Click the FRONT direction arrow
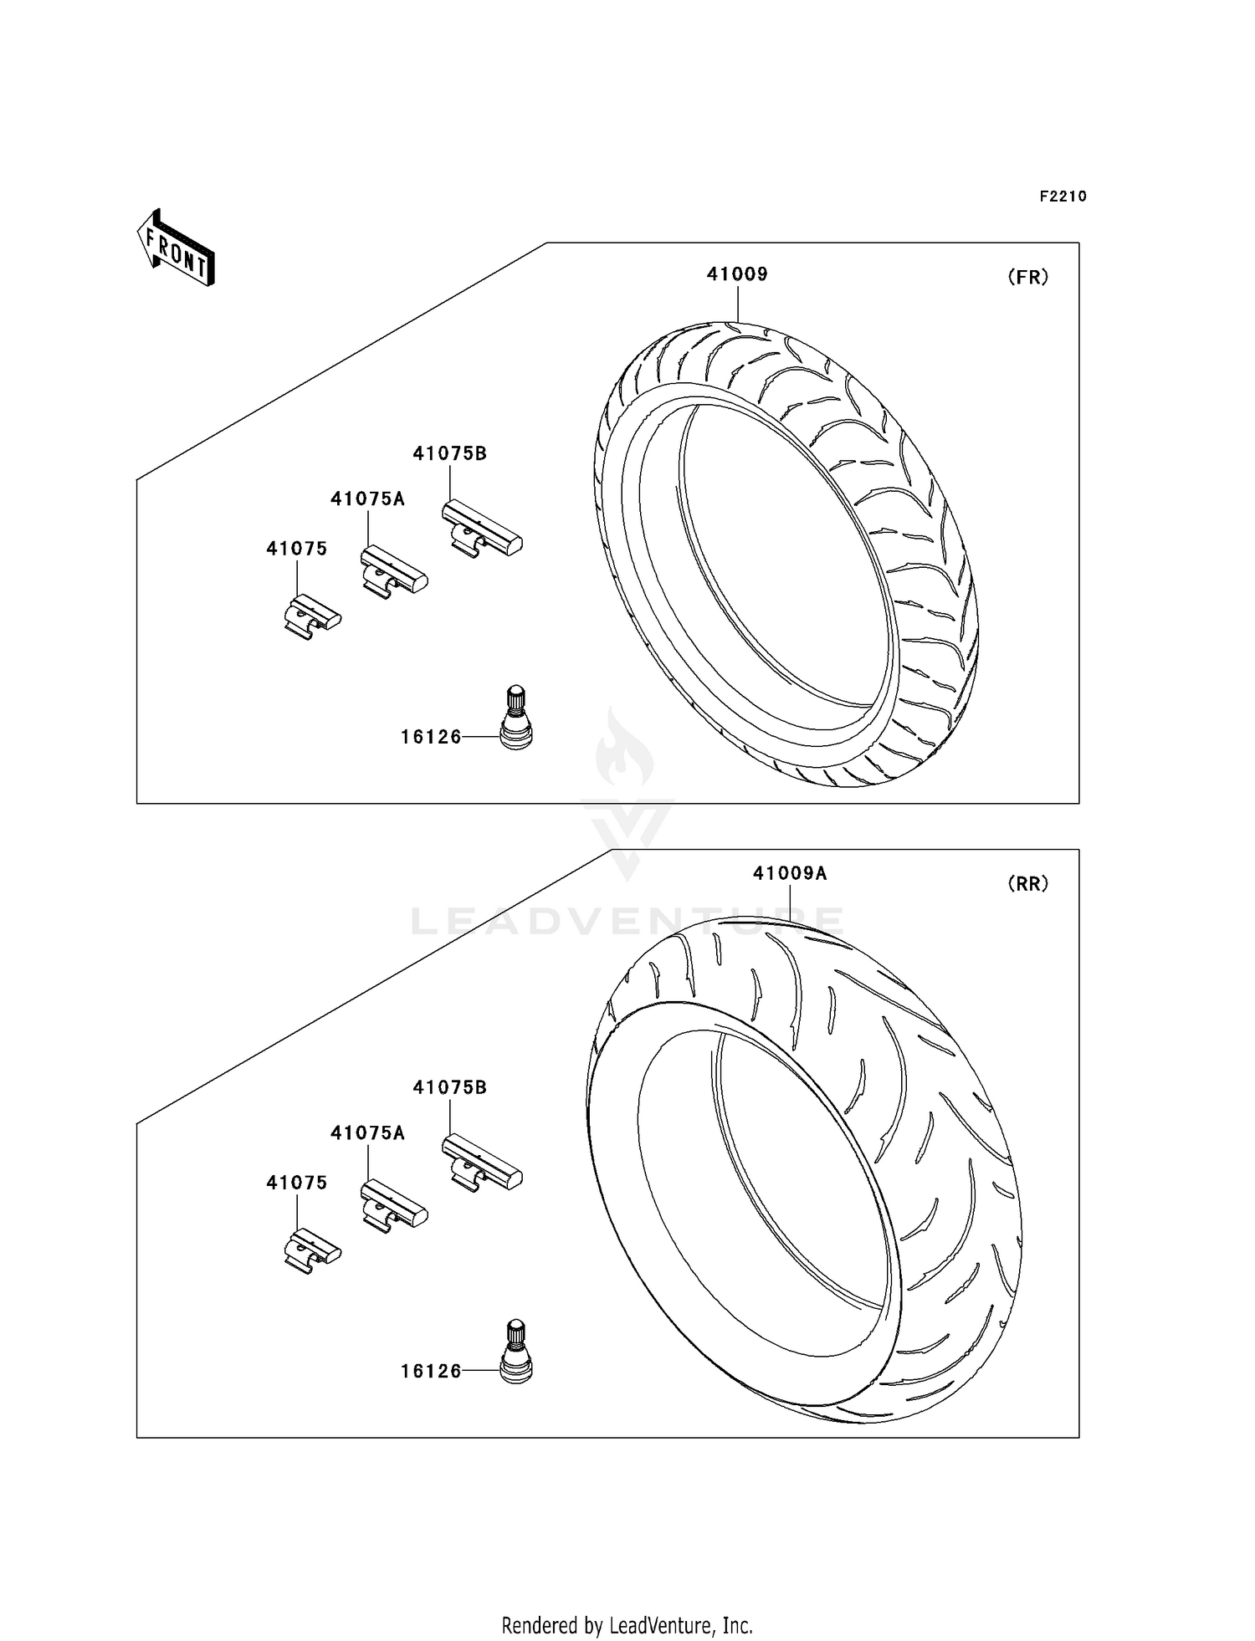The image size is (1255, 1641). click(177, 248)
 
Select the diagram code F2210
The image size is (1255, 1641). click(1063, 197)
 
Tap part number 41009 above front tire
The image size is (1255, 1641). click(737, 274)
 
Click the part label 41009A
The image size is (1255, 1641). click(790, 873)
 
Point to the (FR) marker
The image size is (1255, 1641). click(1027, 278)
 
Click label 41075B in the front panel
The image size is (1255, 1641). click(449, 453)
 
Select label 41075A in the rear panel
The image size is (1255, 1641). click(367, 1132)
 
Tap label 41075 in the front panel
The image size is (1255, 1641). click(296, 549)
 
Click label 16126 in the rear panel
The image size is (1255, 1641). click(431, 1371)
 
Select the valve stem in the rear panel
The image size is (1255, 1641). click(515, 1351)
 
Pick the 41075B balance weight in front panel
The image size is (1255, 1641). click(482, 529)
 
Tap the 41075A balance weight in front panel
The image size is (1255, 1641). click(393, 573)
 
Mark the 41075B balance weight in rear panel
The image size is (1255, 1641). click(482, 1163)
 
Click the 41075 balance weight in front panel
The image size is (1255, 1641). click(312, 616)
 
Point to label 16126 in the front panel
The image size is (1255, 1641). click(431, 737)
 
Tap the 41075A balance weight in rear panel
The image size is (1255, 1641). click(393, 1207)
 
